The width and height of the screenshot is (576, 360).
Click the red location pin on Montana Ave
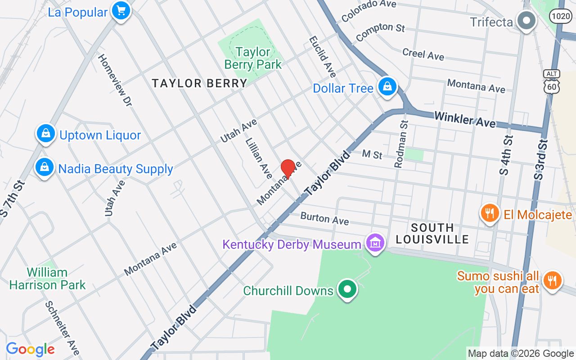click(288, 169)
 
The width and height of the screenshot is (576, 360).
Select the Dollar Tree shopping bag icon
click(387, 87)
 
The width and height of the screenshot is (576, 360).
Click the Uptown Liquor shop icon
click(45, 134)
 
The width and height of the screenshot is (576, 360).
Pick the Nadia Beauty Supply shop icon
click(45, 167)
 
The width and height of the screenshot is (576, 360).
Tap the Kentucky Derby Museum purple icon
click(375, 243)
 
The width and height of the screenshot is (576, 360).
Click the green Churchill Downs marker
click(347, 289)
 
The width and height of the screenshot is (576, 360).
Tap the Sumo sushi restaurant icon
click(552, 281)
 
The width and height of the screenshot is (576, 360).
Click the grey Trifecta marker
click(525, 21)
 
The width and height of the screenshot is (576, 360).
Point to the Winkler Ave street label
click(465, 119)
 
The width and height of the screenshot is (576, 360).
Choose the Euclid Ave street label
click(322, 57)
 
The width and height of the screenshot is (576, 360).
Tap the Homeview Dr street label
click(114, 80)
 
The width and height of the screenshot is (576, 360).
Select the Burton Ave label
click(324, 218)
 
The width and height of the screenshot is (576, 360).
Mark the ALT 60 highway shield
click(551, 82)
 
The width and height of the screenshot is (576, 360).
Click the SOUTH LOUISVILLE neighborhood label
click(432, 233)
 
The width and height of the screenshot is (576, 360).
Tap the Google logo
click(30, 349)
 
